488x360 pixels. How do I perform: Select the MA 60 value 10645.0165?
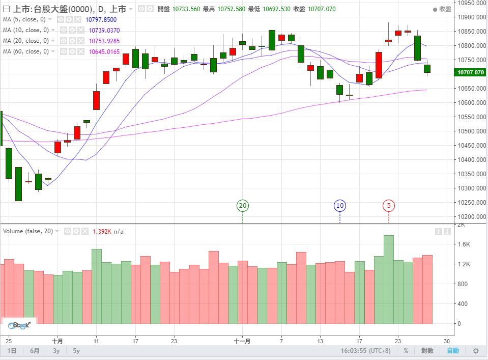tap(104, 51)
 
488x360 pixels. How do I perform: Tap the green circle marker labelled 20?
tap(243, 206)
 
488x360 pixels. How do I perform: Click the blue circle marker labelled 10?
tap(340, 206)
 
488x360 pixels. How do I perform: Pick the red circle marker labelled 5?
tap(389, 206)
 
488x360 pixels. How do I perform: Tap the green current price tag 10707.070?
tap(471, 73)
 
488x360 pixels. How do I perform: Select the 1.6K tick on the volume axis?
tap(463, 244)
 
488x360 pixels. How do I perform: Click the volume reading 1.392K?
tap(102, 231)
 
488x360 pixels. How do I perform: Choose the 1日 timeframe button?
tap(13, 351)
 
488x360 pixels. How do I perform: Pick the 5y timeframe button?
tap(76, 351)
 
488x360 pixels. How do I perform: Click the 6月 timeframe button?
tap(35, 351)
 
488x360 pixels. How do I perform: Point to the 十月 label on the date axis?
tap(58, 341)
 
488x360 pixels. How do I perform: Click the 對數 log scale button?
tap(427, 351)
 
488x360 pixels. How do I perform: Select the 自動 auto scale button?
tap(452, 351)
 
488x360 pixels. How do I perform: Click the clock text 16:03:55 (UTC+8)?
tap(368, 351)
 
